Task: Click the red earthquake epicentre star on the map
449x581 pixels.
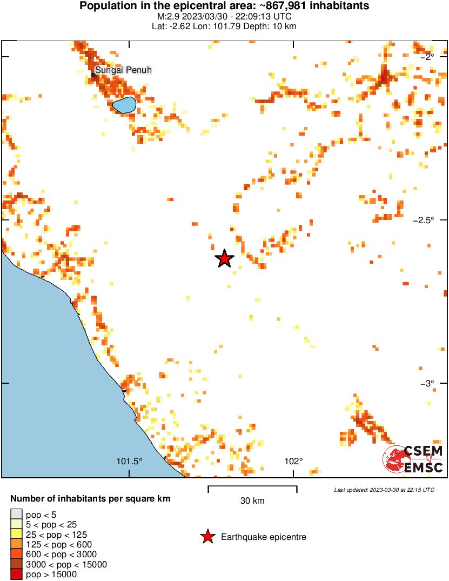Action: [224, 259]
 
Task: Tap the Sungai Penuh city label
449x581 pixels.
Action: [124, 70]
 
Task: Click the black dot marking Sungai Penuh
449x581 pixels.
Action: [93, 75]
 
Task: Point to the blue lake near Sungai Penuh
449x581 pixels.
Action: [124, 104]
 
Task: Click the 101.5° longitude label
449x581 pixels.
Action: [130, 461]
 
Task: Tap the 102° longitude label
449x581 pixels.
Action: [294, 461]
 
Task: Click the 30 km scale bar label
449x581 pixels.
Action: [252, 501]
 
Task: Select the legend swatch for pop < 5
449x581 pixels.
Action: [16, 515]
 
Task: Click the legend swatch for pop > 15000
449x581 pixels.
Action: [16, 575]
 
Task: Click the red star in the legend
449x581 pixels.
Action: [207, 537]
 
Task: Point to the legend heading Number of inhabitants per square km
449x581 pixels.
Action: [90, 499]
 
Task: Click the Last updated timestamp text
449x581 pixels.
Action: [384, 490]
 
